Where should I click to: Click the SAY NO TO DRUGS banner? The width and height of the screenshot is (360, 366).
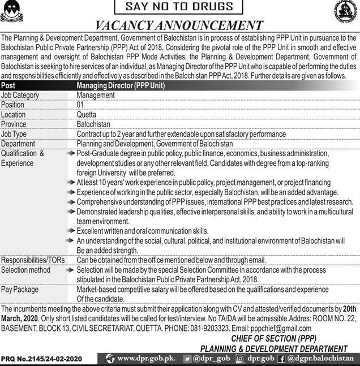(179, 7)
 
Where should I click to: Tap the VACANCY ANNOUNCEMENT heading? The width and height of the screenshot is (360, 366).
(179, 25)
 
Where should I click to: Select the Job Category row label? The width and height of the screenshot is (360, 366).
(20, 96)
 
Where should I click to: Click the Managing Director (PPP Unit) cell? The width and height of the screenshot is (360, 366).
(120, 85)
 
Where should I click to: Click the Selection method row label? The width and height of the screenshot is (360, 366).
(26, 270)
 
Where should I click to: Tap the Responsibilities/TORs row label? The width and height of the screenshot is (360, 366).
(33, 260)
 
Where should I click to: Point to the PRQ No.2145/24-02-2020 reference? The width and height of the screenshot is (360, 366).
(41, 359)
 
